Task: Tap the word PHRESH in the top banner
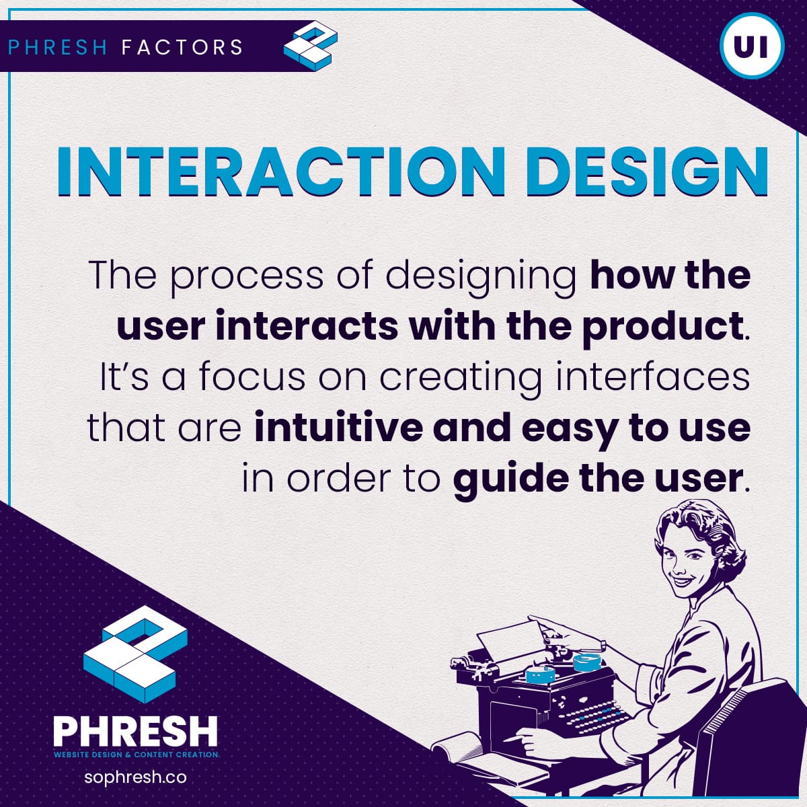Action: [x=58, y=47]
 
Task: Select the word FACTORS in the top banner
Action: [x=182, y=47]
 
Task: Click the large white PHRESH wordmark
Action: [x=136, y=731]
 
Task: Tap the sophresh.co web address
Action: [x=135, y=777]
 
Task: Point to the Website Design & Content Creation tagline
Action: [x=136, y=755]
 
